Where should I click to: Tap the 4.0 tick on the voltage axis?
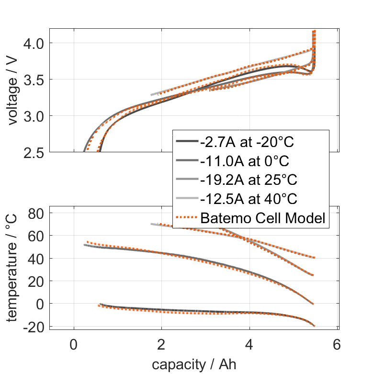point(33,43)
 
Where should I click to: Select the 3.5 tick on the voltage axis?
point(33,79)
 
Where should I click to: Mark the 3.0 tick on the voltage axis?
point(33,115)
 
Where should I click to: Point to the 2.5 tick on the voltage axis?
point(33,152)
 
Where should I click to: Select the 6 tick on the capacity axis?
point(337,345)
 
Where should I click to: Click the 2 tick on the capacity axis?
point(161,345)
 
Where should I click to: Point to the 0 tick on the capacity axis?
point(74,345)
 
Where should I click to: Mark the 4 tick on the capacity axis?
point(249,345)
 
